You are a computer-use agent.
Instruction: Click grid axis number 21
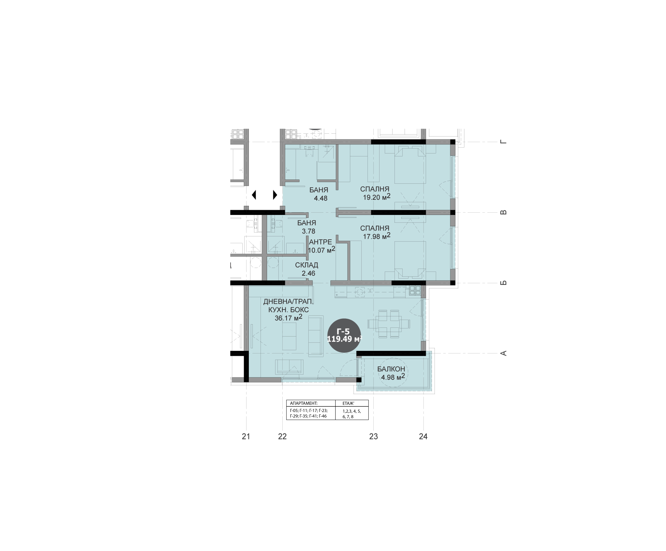tap(246, 436)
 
